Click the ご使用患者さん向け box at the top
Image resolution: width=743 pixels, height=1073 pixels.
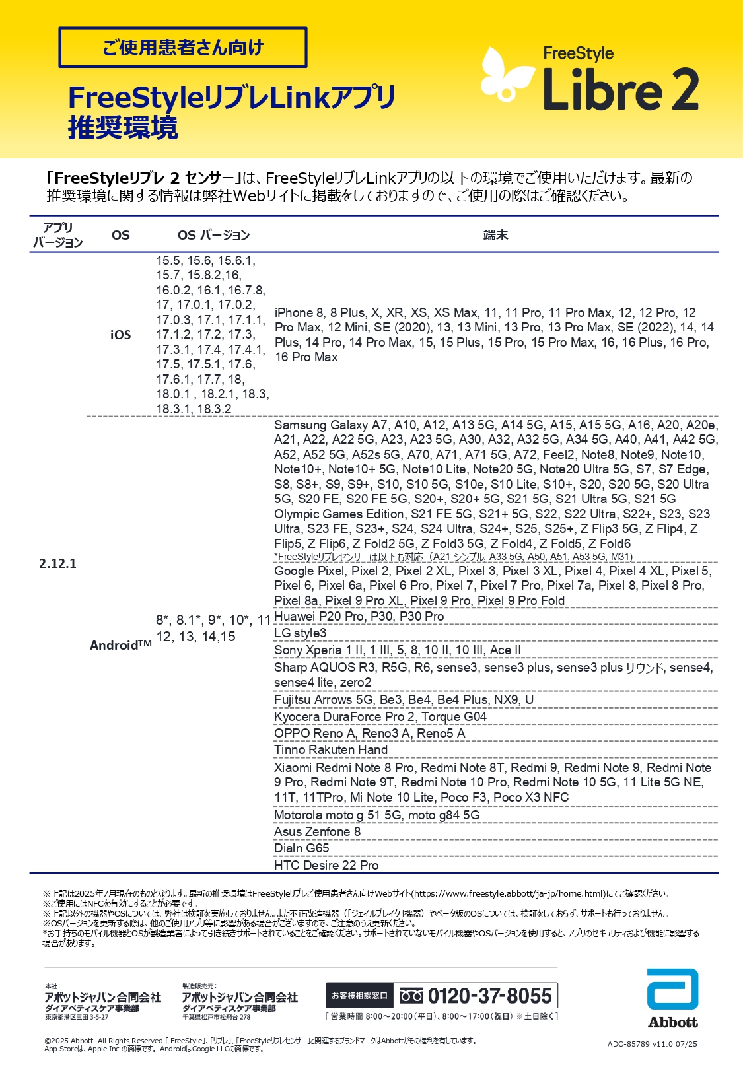[183, 48]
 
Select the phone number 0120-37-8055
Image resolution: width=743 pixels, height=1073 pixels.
[489, 996]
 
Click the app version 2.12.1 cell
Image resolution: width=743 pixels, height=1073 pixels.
[58, 563]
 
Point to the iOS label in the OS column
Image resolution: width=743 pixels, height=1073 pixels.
[120, 335]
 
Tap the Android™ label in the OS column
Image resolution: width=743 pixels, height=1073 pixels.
[120, 645]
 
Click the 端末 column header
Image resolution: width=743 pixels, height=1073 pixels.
[495, 235]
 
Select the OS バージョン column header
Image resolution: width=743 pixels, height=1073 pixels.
[213, 235]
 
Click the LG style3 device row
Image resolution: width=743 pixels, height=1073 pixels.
[301, 633]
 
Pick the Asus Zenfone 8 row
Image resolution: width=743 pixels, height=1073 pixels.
[318, 831]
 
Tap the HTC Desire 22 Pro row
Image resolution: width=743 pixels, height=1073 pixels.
[326, 865]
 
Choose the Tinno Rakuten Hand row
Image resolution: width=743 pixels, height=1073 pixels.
[331, 749]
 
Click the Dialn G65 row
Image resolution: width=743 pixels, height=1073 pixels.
[302, 848]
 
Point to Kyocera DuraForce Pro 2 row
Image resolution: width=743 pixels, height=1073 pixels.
[380, 716]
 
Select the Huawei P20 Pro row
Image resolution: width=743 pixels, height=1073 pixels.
[359, 616]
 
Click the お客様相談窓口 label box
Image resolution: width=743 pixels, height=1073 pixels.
[359, 996]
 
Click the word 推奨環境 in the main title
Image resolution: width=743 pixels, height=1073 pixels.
[123, 127]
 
